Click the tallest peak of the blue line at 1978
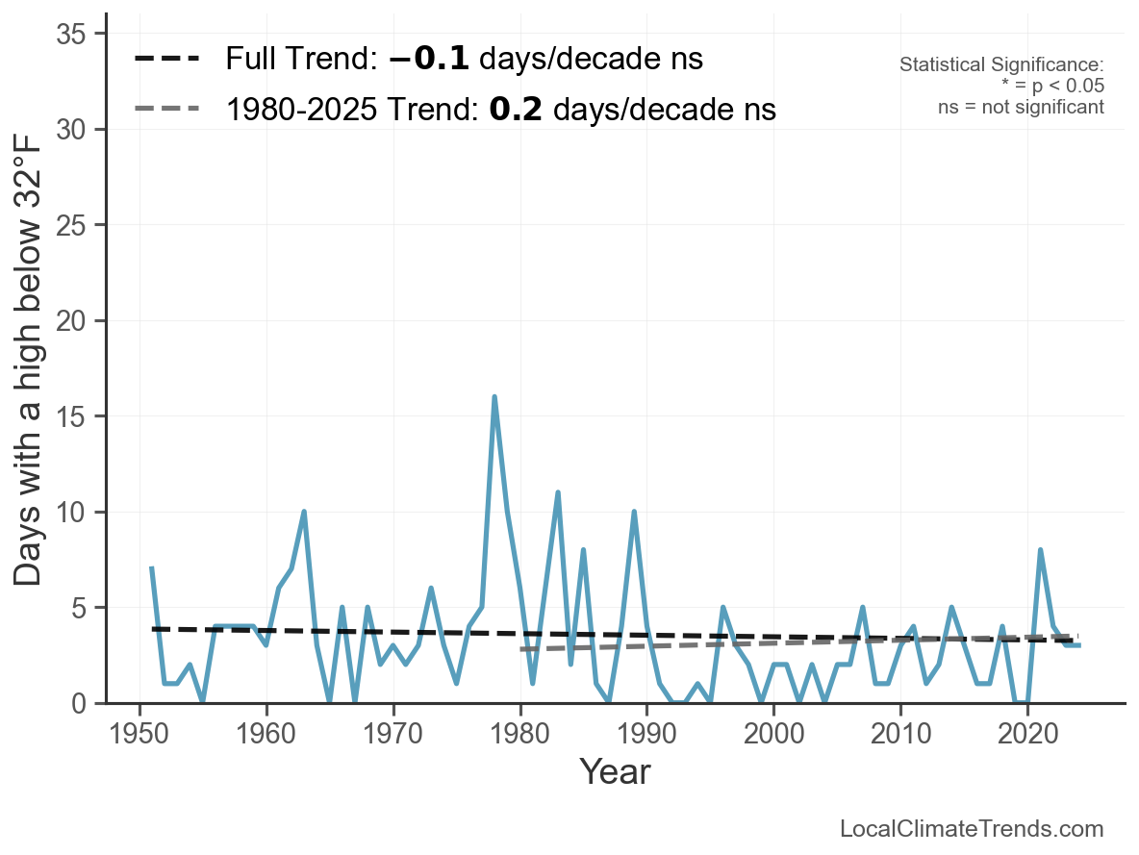pos(494,396)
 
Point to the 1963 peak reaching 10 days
pos(304,512)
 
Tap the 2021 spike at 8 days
pos(1040,550)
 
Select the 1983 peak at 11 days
pos(558,492)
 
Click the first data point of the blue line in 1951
pos(152,568)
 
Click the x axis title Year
pos(615,772)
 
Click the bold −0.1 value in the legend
pos(429,60)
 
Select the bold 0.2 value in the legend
pos(519,110)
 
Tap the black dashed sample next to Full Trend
pos(167,60)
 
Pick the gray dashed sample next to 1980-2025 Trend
pos(167,109)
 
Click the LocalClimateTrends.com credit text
pos(972,829)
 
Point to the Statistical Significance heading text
pos(1000,64)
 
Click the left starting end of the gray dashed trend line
pos(521,649)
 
